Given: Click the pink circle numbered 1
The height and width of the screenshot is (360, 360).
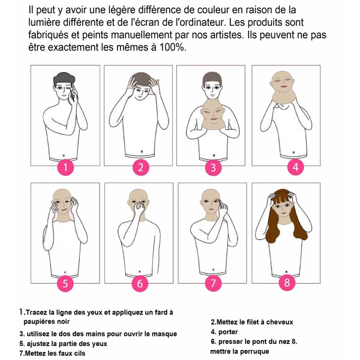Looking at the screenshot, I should tap(67, 167).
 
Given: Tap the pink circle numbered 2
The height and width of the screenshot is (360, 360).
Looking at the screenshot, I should tap(140, 167).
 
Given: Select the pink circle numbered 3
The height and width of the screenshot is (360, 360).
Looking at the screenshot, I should tap(212, 167).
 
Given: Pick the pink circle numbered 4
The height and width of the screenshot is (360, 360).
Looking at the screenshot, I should tap(294, 167).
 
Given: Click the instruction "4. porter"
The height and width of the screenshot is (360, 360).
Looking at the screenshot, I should tap(224, 332).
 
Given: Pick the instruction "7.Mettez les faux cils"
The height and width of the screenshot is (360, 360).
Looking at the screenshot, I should tap(52, 353).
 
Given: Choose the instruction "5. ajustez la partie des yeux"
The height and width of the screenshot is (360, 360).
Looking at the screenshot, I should tap(65, 344).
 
